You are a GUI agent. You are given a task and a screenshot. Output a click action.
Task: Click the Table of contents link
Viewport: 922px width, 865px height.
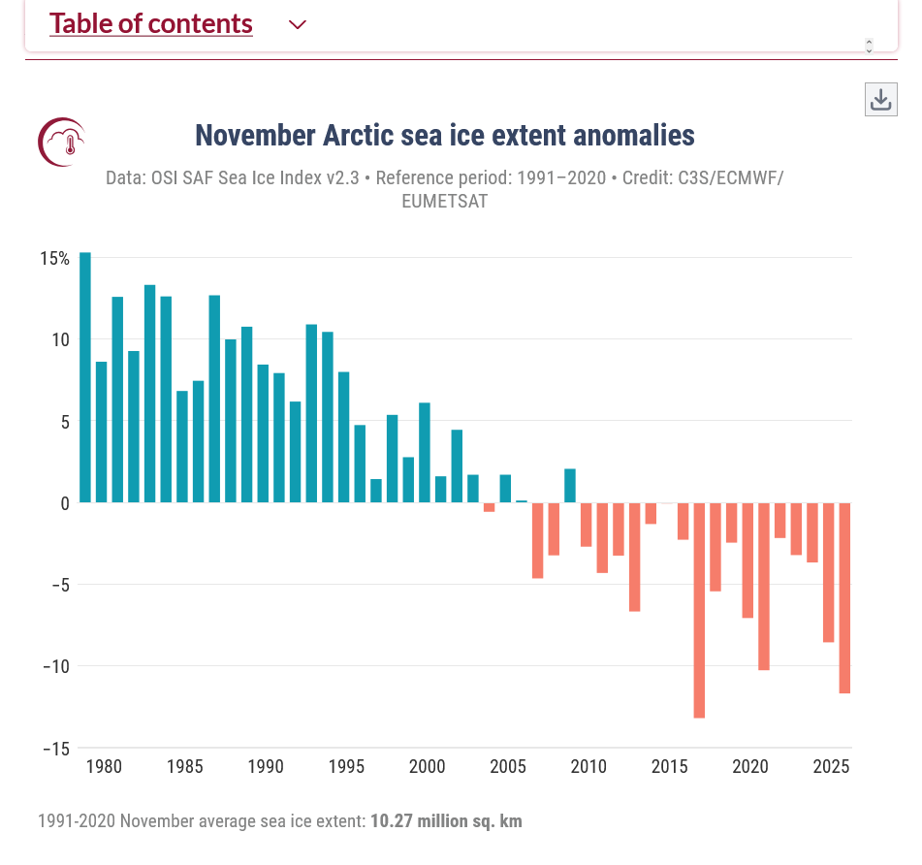(x=151, y=24)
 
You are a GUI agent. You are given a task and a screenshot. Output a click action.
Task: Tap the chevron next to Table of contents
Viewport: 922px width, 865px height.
(x=298, y=25)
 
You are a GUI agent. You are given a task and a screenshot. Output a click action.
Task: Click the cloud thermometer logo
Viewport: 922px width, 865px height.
(x=61, y=141)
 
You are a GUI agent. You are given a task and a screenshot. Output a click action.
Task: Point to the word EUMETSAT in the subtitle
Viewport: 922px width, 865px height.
(x=445, y=202)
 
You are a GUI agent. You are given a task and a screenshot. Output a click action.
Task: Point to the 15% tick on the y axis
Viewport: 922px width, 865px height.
(x=55, y=259)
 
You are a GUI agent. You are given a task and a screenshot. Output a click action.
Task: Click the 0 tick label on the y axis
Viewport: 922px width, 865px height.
(x=64, y=503)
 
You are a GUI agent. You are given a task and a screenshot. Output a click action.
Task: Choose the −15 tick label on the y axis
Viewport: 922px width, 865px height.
(x=55, y=748)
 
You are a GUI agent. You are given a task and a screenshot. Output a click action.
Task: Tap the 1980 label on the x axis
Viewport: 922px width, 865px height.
(x=103, y=767)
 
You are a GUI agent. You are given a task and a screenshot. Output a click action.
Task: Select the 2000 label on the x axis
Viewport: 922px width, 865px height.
(x=427, y=767)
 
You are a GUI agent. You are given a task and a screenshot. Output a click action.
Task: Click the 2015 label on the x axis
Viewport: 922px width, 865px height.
(x=669, y=767)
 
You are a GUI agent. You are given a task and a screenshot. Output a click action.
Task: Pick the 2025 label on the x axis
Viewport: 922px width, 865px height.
(x=831, y=767)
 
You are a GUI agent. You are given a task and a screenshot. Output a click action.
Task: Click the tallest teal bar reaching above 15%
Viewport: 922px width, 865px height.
(x=85, y=378)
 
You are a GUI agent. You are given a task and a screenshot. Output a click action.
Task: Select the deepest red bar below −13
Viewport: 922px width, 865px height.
(x=699, y=611)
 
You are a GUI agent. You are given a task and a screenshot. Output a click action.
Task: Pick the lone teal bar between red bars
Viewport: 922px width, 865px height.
(x=570, y=486)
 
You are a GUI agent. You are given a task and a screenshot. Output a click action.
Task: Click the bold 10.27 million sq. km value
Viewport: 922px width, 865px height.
(x=446, y=821)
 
